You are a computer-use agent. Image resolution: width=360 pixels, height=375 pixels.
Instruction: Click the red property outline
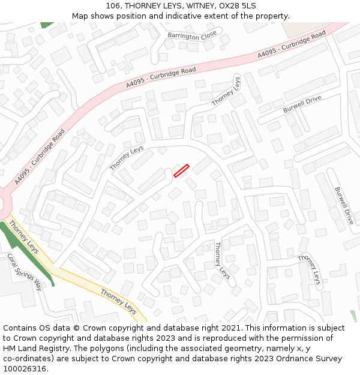tap(181, 170)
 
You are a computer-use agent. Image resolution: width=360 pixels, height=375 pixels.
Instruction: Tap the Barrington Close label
tap(192, 37)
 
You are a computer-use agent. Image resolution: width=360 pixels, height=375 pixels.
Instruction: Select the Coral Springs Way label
tap(25, 272)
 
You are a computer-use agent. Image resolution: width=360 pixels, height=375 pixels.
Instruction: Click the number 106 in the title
tap(114, 5)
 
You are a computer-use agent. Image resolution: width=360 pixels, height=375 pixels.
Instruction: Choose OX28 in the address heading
tap(229, 5)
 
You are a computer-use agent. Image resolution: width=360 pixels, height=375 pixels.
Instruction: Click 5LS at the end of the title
tap(249, 5)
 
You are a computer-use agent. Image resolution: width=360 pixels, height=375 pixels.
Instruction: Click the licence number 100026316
tap(25, 369)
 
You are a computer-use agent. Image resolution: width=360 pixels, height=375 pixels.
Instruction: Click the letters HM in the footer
tap(10, 349)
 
